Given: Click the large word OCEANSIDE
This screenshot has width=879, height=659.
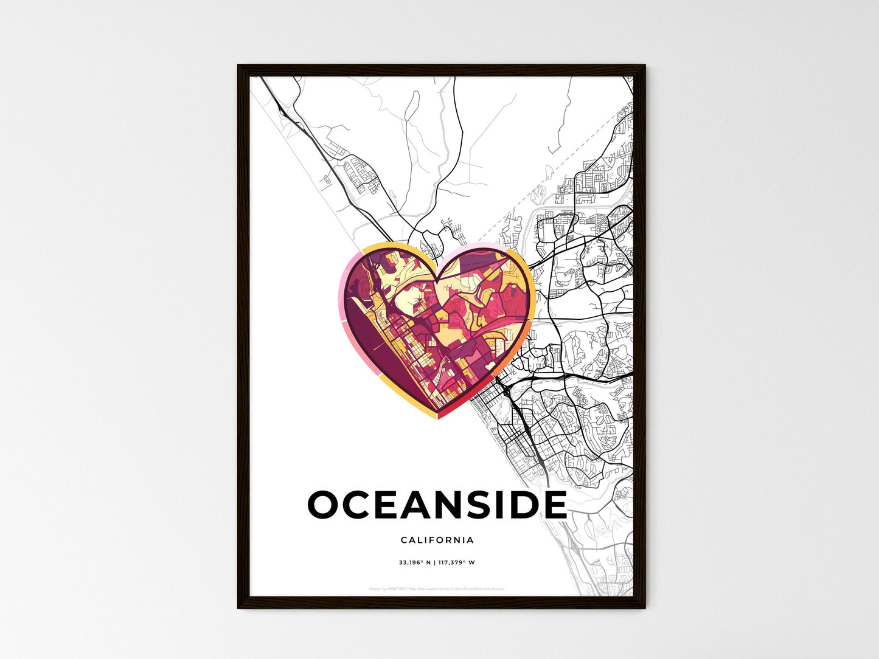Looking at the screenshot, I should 437,505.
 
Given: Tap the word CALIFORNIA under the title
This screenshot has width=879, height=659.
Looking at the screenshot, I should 437,540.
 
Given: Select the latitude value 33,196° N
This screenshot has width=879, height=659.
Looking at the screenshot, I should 415,562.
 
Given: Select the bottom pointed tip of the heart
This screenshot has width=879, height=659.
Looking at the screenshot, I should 437,418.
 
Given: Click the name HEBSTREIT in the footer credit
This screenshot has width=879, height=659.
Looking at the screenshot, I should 397,589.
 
